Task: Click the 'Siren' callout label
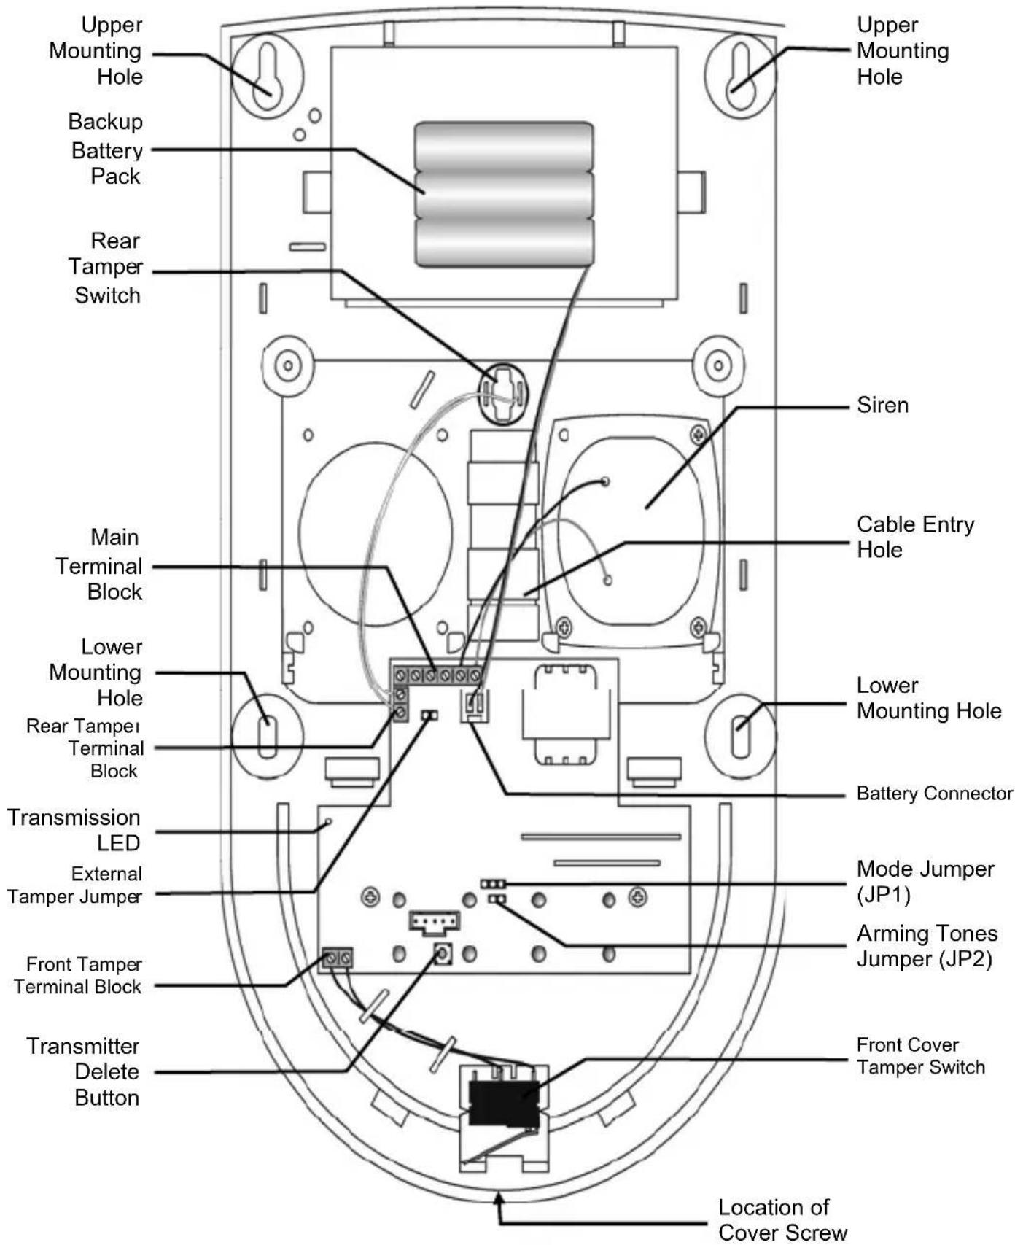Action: (882, 405)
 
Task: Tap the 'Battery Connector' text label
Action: (935, 794)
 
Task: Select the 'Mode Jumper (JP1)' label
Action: (925, 881)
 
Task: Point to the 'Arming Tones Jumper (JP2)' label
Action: (927, 946)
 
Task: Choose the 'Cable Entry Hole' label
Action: (916, 537)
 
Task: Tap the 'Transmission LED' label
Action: (74, 830)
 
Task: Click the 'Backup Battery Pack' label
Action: (106, 149)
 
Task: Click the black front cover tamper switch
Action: (503, 1103)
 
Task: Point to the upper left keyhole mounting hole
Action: (267, 76)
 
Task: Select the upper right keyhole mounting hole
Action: (740, 76)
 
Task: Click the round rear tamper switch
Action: (503, 394)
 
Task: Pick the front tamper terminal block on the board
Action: (338, 958)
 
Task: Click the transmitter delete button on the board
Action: (442, 954)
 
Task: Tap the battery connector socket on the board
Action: (475, 706)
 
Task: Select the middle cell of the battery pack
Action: (504, 195)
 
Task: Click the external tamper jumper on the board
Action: (429, 715)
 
